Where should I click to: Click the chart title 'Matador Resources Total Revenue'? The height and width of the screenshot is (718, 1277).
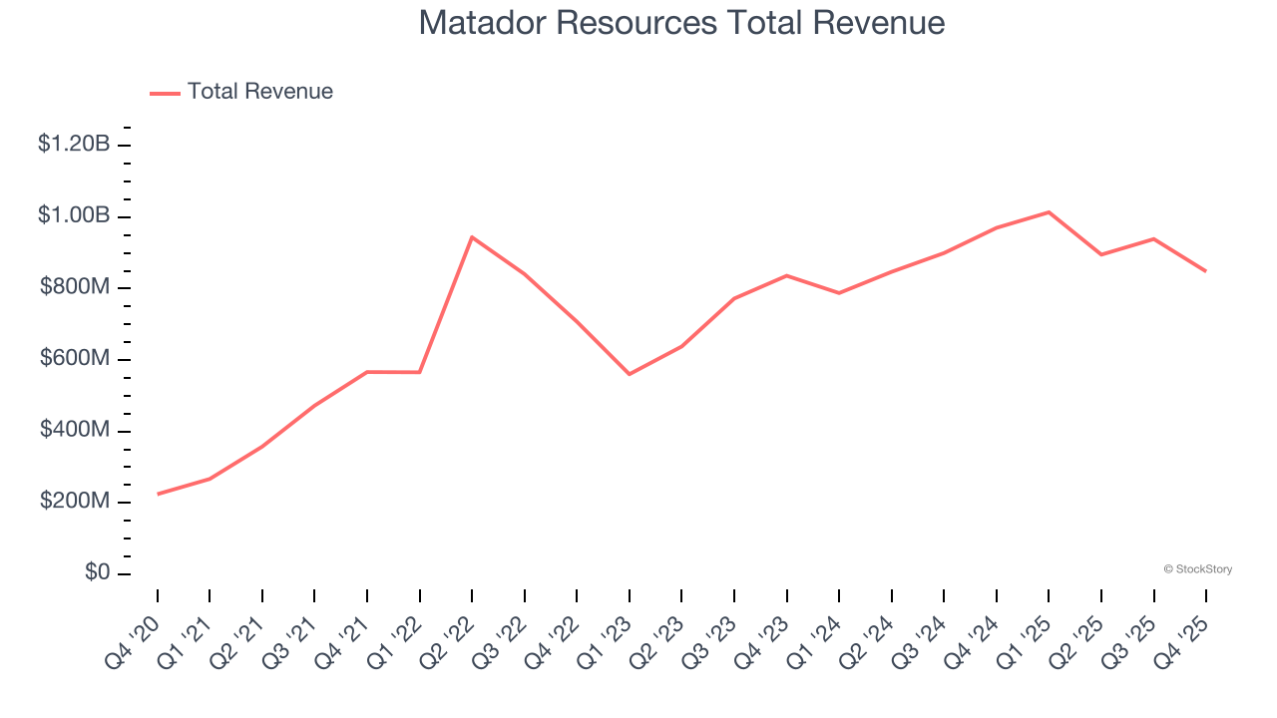(x=681, y=23)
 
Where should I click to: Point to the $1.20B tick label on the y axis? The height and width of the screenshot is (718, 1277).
(x=74, y=145)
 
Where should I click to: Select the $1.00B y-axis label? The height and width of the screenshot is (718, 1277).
(x=74, y=216)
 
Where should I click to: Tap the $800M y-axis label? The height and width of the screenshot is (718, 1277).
(x=75, y=287)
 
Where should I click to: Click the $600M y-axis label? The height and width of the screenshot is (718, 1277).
(x=75, y=359)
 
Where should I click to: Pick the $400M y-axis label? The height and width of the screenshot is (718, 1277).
(x=75, y=431)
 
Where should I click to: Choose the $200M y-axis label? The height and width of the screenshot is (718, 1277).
(x=75, y=502)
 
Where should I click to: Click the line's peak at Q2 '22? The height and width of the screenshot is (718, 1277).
(x=472, y=237)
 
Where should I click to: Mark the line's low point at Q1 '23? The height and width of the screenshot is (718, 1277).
(x=629, y=374)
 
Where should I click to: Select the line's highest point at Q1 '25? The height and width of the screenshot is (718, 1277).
(x=1049, y=212)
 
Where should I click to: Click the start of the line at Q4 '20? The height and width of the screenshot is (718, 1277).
(x=158, y=494)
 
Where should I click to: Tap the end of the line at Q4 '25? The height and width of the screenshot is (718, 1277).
(x=1205, y=270)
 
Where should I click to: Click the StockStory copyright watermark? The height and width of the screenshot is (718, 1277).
(x=1197, y=569)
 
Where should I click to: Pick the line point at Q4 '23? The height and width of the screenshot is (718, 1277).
(x=786, y=275)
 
